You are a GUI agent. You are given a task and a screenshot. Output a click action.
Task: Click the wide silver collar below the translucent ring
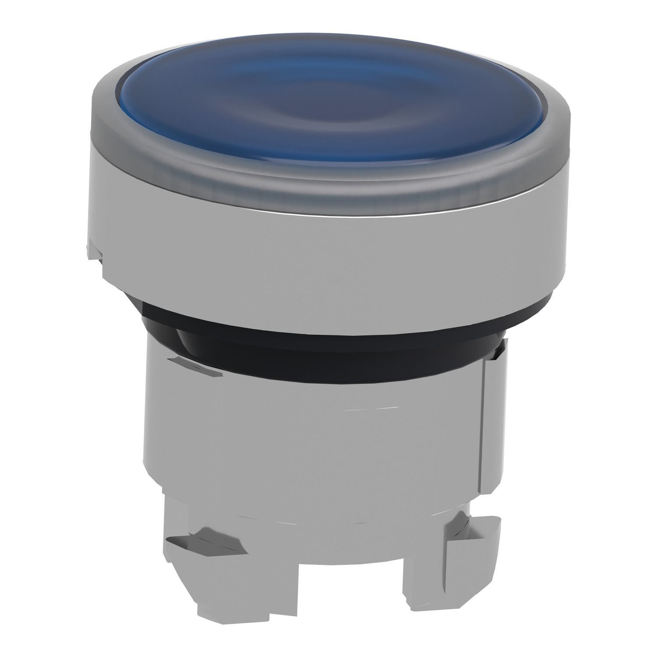point(324,263)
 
